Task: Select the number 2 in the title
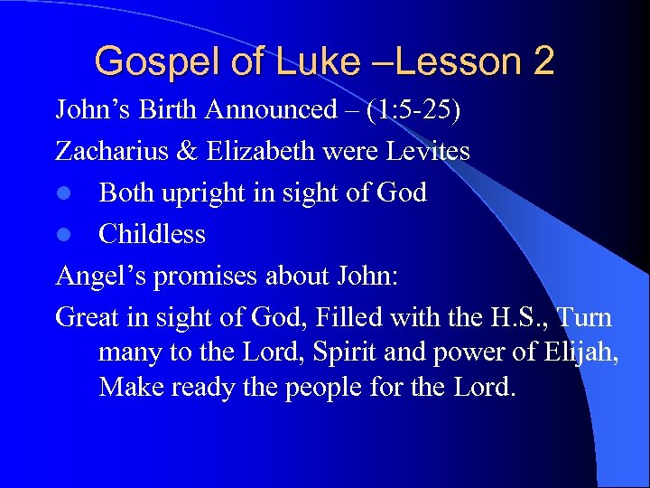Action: click(x=544, y=61)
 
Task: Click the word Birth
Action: click(x=168, y=109)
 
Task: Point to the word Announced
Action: click(x=270, y=109)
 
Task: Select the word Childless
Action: click(x=152, y=234)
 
